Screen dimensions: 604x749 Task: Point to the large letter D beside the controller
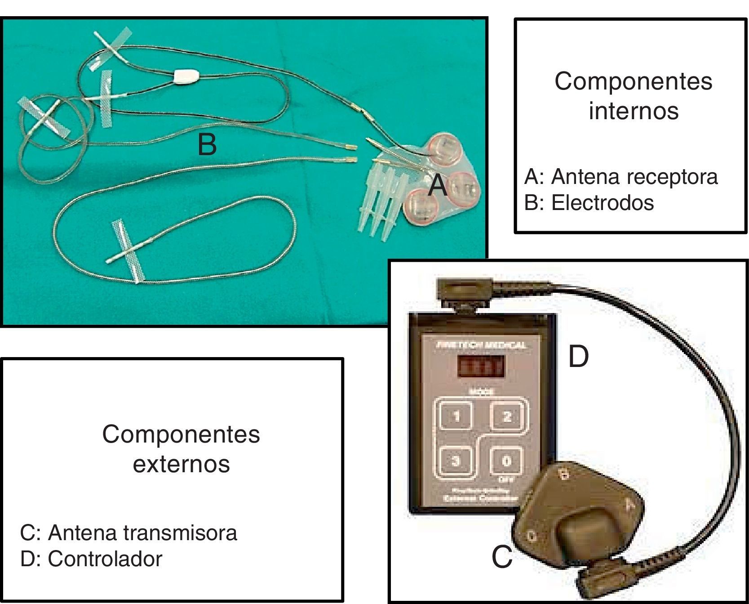(578, 357)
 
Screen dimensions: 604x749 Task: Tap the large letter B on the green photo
(207, 145)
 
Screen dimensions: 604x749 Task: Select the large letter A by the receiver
(437, 186)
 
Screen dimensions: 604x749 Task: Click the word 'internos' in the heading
(634, 111)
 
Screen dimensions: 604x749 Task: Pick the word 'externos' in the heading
(181, 464)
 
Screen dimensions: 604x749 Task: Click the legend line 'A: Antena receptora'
(621, 177)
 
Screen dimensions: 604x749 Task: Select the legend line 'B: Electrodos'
(589, 203)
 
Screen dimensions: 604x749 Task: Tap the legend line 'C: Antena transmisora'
(129, 533)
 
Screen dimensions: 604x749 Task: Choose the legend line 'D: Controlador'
(91, 559)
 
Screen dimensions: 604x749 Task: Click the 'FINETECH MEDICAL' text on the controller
(481, 345)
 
